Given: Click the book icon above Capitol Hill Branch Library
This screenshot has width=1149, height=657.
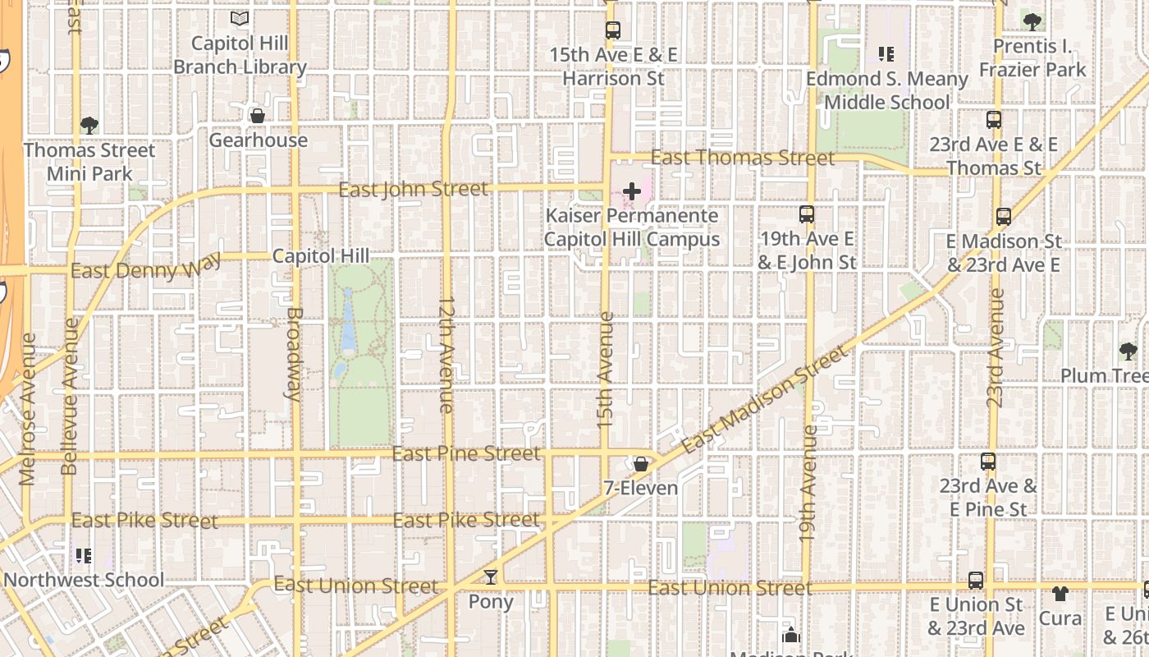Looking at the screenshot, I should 240,18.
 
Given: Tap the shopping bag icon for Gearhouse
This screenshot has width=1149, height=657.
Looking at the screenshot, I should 258,116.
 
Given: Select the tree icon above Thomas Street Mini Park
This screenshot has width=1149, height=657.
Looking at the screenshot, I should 89,126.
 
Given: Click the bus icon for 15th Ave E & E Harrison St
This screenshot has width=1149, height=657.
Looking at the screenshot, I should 613,30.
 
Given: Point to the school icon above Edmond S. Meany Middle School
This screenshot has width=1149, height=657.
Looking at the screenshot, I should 886,54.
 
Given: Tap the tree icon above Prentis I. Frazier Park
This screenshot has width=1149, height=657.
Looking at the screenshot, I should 1032,22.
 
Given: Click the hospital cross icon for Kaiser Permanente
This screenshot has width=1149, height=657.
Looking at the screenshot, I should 632,191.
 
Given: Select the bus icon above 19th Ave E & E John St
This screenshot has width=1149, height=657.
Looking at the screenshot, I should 807,214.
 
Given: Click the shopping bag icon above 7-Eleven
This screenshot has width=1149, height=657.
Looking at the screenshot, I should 640,464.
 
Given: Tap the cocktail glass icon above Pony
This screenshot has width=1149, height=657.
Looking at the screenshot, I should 491,577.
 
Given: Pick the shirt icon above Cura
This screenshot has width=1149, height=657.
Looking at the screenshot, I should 1060,593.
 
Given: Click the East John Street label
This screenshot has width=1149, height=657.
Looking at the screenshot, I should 413,190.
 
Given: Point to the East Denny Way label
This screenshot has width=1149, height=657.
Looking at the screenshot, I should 146,269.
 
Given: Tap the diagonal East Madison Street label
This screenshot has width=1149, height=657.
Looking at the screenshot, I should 765,400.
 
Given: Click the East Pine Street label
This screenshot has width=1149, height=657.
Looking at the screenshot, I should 466,453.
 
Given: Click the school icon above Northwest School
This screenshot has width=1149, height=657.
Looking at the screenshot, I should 83,556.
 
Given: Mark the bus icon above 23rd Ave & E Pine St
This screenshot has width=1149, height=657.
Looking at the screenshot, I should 988,462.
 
